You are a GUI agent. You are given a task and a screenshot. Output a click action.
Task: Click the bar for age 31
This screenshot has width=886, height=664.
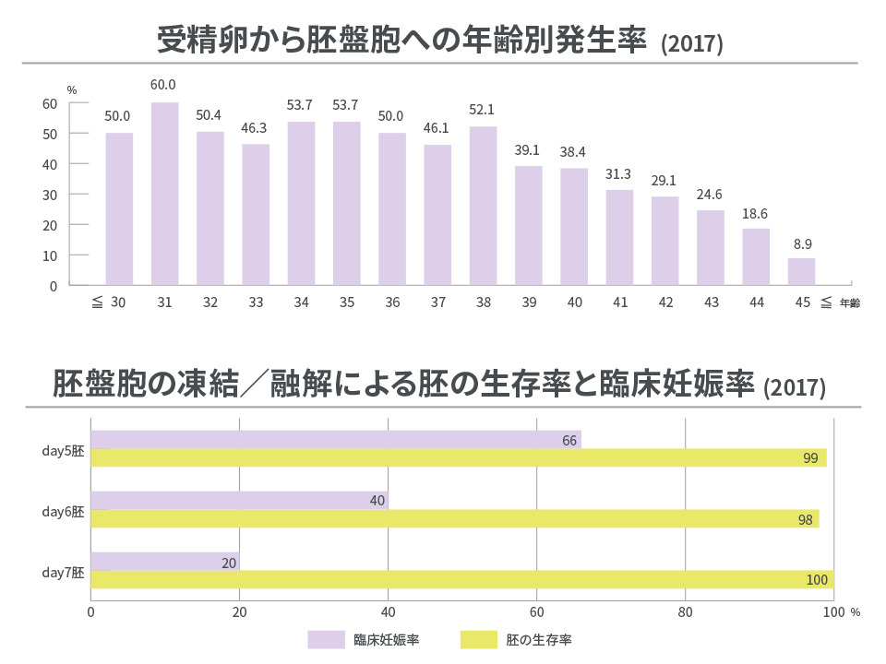point(164,194)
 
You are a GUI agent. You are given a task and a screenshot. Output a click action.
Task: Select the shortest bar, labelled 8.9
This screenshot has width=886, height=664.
point(801,271)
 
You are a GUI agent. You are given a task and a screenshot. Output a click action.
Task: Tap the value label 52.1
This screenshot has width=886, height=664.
point(483,109)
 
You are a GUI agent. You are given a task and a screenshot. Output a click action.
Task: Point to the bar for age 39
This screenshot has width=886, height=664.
point(528,225)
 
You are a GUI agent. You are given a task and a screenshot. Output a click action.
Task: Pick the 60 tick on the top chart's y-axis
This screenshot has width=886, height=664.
point(50,103)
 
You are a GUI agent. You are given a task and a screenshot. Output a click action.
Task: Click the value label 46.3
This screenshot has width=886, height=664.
point(255,126)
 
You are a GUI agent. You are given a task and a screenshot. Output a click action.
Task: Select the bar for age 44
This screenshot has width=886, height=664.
point(756,256)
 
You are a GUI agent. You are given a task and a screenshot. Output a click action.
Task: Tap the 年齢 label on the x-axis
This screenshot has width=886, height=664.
point(849,303)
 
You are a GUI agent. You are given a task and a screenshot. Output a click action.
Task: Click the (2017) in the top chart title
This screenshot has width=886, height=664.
point(691,44)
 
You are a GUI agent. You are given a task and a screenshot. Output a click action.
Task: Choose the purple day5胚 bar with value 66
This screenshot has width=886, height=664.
point(335,439)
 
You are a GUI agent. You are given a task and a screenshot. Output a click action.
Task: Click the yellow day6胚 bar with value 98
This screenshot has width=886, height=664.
point(454,519)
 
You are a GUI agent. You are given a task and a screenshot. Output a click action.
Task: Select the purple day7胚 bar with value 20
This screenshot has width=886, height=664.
point(164,561)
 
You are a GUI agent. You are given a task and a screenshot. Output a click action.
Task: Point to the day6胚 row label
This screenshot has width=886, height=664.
point(63,510)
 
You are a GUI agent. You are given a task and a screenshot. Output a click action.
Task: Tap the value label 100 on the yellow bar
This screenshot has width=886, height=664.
point(817,580)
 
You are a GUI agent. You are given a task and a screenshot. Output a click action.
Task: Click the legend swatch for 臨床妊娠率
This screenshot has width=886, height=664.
point(325,638)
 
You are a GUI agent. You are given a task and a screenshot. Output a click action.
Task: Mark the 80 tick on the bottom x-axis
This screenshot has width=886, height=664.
point(685,611)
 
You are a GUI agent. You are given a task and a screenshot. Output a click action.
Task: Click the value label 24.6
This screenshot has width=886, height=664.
point(710,193)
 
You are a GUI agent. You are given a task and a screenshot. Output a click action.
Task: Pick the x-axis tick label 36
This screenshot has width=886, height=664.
point(391,302)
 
